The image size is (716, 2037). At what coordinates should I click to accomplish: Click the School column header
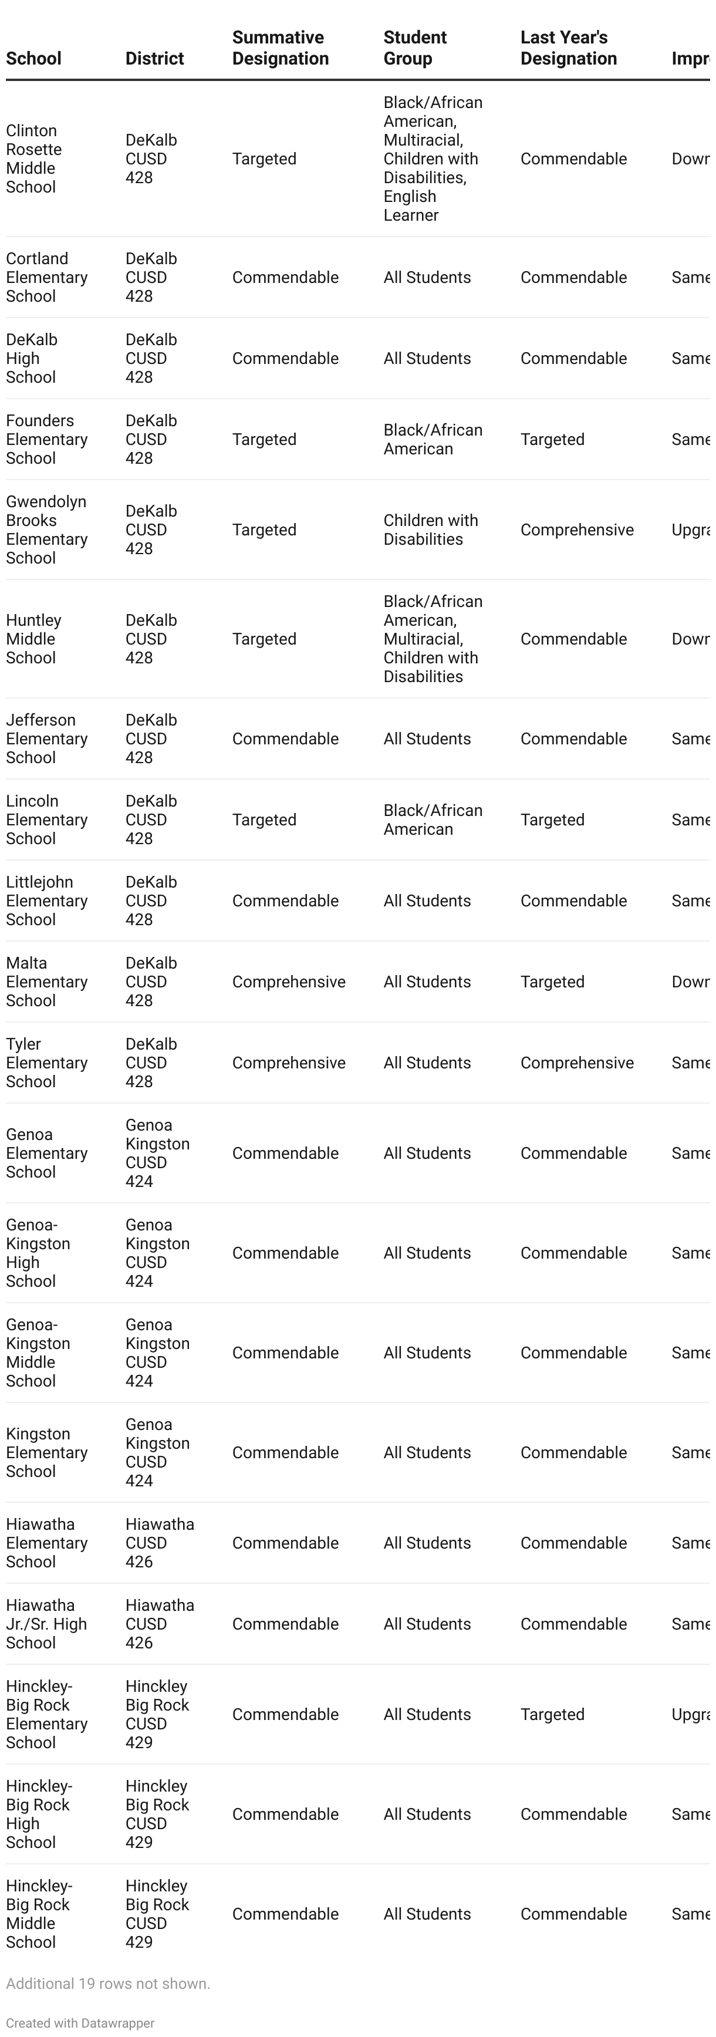33,59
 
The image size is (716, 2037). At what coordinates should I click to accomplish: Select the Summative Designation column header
280,48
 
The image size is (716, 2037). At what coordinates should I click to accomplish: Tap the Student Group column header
415,48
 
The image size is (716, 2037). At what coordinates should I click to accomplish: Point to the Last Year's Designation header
568,48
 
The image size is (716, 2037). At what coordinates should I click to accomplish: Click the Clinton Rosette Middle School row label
34,159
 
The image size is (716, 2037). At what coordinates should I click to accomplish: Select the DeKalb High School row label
32,358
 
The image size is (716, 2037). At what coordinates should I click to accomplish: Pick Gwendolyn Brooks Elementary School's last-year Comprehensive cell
577,530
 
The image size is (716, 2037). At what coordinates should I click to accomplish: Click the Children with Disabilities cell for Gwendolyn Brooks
431,530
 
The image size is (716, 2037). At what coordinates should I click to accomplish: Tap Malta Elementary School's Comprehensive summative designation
289,982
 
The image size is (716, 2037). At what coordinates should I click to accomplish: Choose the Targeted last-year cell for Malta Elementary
552,982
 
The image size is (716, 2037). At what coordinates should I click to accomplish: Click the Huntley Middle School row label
33,639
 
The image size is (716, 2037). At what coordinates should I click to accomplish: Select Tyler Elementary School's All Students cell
427,1063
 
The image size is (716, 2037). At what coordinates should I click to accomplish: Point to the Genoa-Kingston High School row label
38,1253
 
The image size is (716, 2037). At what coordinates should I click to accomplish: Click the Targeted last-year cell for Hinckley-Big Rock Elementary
552,1714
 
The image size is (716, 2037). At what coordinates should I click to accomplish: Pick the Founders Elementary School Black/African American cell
433,440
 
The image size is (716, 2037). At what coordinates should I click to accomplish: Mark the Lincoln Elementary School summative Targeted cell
264,820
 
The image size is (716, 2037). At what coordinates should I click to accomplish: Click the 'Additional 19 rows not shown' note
108,1983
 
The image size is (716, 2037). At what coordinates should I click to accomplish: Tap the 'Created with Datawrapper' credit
80,2023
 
